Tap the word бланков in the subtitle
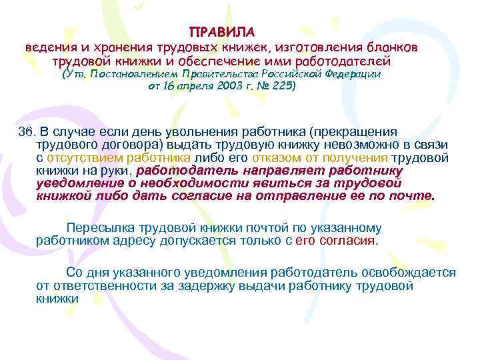(395, 48)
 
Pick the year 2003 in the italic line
(230, 87)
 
